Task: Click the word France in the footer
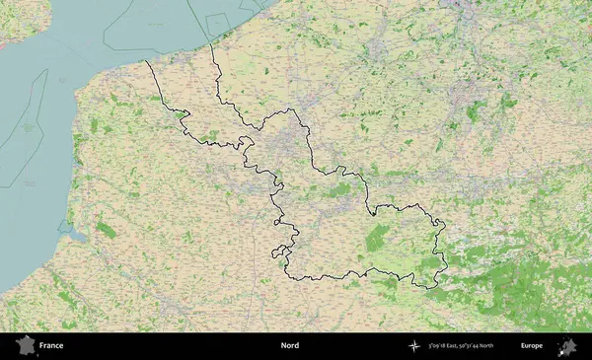pyautogui.click(x=51, y=346)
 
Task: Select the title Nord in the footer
pyautogui.click(x=290, y=346)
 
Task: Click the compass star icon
pyautogui.click(x=414, y=346)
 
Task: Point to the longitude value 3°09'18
pyautogui.click(x=440, y=346)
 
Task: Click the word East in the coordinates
pyautogui.click(x=462, y=346)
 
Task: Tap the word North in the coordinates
pyautogui.click(x=511, y=346)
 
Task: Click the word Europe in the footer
pyautogui.click(x=533, y=346)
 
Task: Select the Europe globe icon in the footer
pyautogui.click(x=567, y=346)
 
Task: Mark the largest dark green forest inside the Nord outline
pyautogui.click(x=377, y=238)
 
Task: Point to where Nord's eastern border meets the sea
pyautogui.click(x=210, y=43)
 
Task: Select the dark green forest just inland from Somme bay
pyautogui.click(x=105, y=230)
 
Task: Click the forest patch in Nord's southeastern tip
pyautogui.click(x=431, y=266)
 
